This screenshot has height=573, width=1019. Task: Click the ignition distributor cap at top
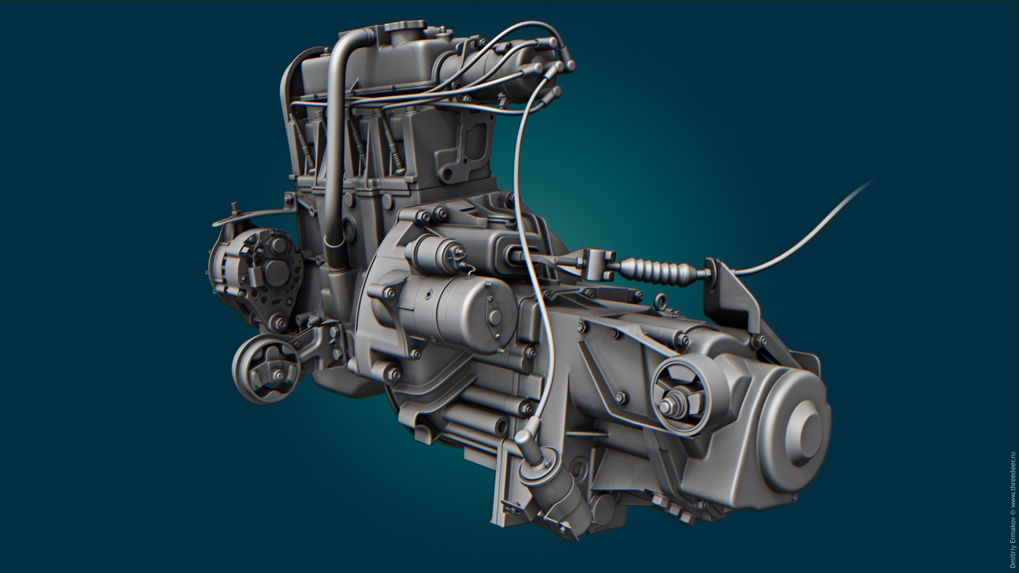coord(531,74)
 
